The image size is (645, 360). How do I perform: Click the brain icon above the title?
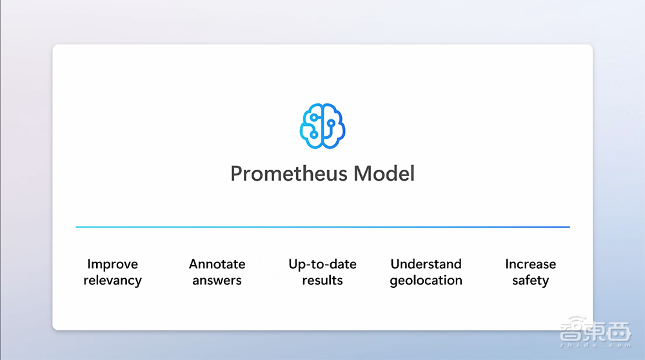pyautogui.click(x=322, y=126)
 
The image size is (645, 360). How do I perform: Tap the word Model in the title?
pyautogui.click(x=384, y=174)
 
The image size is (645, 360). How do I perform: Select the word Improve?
pyautogui.click(x=112, y=264)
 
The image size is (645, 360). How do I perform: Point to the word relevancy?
pyautogui.click(x=112, y=281)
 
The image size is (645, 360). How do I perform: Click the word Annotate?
pyautogui.click(x=217, y=264)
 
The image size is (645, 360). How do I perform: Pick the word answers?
pyautogui.click(x=217, y=281)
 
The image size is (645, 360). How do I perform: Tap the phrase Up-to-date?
pyautogui.click(x=322, y=264)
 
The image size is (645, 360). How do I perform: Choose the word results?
pyautogui.click(x=322, y=280)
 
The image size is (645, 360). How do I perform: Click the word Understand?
pyautogui.click(x=426, y=264)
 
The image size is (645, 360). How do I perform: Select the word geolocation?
pyautogui.click(x=426, y=281)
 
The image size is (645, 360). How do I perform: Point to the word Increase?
pyautogui.click(x=531, y=264)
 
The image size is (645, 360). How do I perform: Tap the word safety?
pyautogui.click(x=531, y=281)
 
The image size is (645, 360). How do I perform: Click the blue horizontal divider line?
pyautogui.click(x=322, y=226)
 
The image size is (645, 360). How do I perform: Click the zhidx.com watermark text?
pyautogui.click(x=596, y=345)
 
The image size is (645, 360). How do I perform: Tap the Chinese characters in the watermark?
pyautogui.click(x=595, y=330)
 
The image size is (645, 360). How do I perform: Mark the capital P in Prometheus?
pyautogui.click(x=236, y=174)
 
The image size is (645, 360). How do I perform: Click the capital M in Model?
pyautogui.click(x=362, y=174)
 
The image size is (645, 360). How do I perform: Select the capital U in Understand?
pyautogui.click(x=395, y=264)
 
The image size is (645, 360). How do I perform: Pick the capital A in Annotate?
pyautogui.click(x=193, y=264)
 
